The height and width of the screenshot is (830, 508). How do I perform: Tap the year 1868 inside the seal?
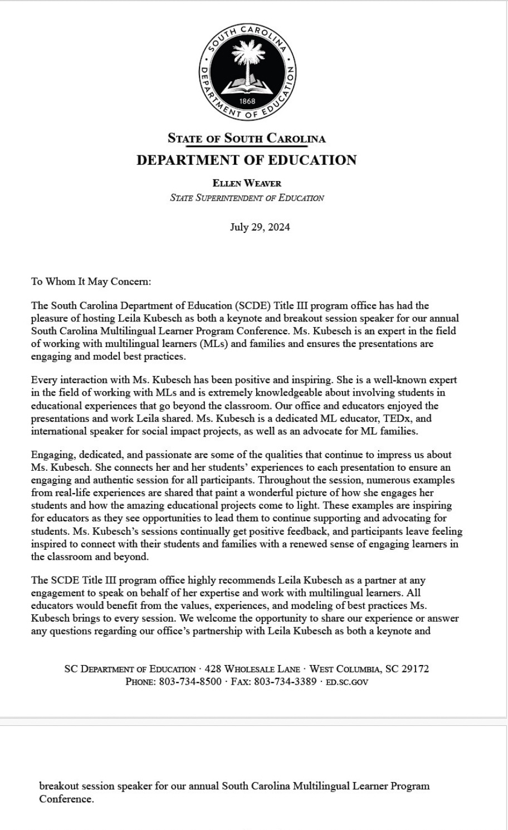click(x=247, y=101)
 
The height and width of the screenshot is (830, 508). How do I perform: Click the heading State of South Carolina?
click(x=246, y=138)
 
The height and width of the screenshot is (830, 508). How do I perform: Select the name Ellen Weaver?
click(x=247, y=183)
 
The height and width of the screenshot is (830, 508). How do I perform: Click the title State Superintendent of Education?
click(x=247, y=198)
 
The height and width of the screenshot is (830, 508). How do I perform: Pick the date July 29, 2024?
click(x=260, y=227)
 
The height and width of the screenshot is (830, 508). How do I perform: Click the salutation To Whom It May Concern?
click(x=91, y=281)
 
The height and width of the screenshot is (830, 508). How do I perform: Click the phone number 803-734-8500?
click(x=190, y=682)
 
